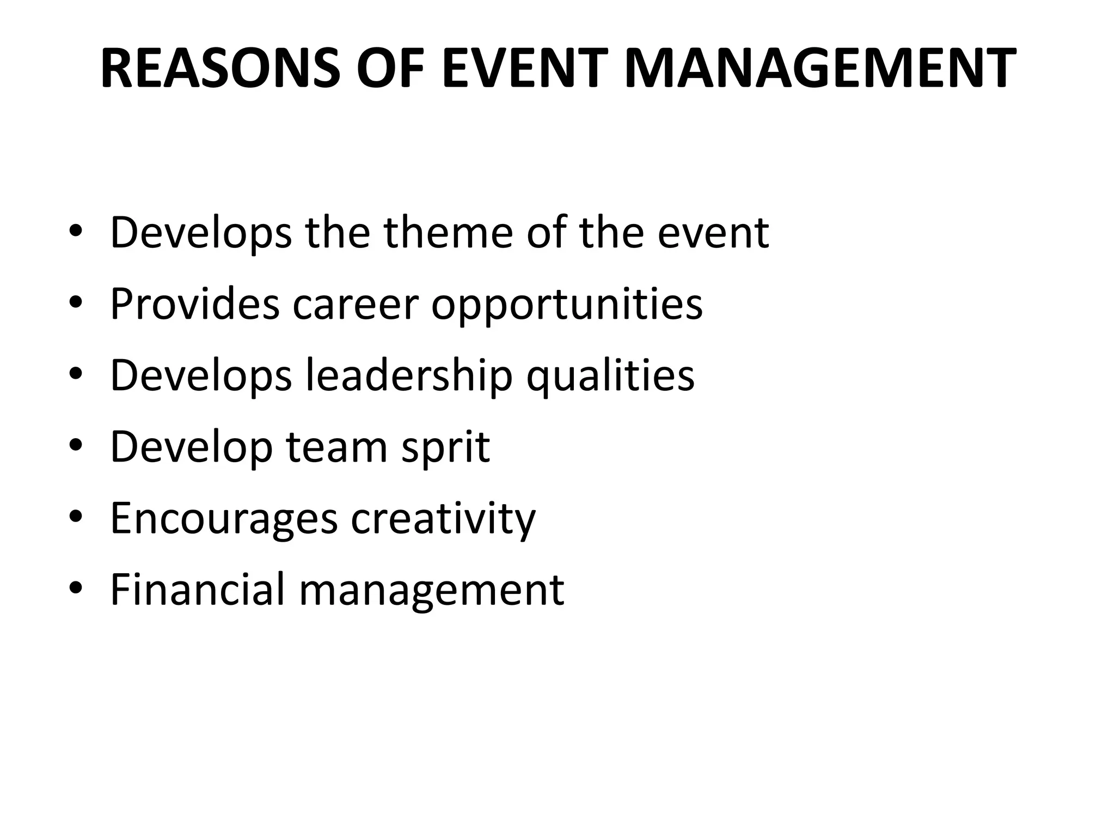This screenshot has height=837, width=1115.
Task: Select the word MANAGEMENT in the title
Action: pyautogui.click(x=819, y=68)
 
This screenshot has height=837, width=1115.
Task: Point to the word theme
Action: pyautogui.click(x=448, y=233)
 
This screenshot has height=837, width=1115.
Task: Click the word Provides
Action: pyautogui.click(x=195, y=304)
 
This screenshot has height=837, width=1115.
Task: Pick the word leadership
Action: pyautogui.click(x=409, y=375)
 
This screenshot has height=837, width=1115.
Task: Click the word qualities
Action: pyautogui.click(x=610, y=375)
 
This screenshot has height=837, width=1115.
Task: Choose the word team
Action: pyautogui.click(x=336, y=447)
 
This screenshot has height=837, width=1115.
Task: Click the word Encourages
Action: pyautogui.click(x=224, y=519)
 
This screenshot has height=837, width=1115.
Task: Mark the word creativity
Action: pyautogui.click(x=443, y=519)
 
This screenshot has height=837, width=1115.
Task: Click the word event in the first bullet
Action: pyautogui.click(x=713, y=233)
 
